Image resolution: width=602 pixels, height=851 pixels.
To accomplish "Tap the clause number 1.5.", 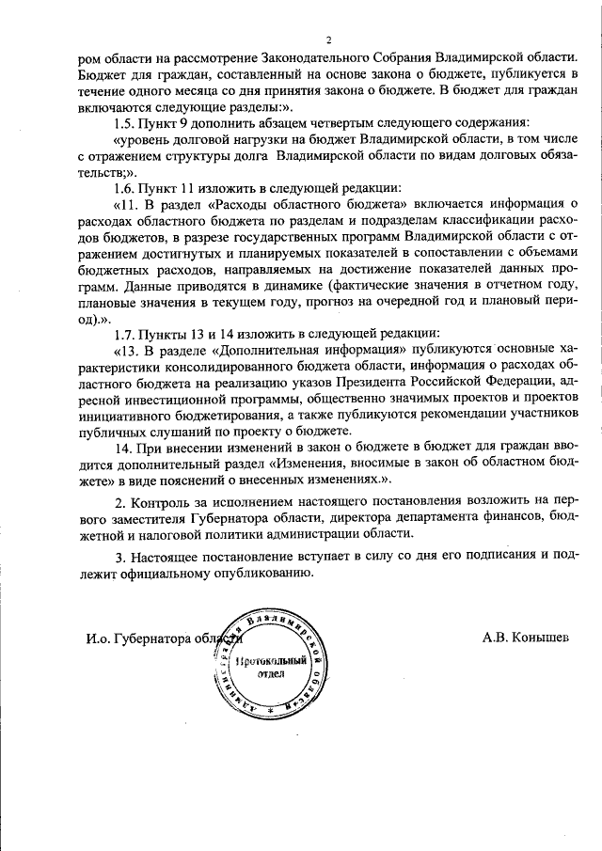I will pos(125,123).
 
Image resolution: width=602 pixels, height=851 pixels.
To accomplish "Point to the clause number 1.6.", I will pos(125,188).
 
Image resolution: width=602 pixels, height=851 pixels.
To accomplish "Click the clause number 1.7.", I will pos(125,334).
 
